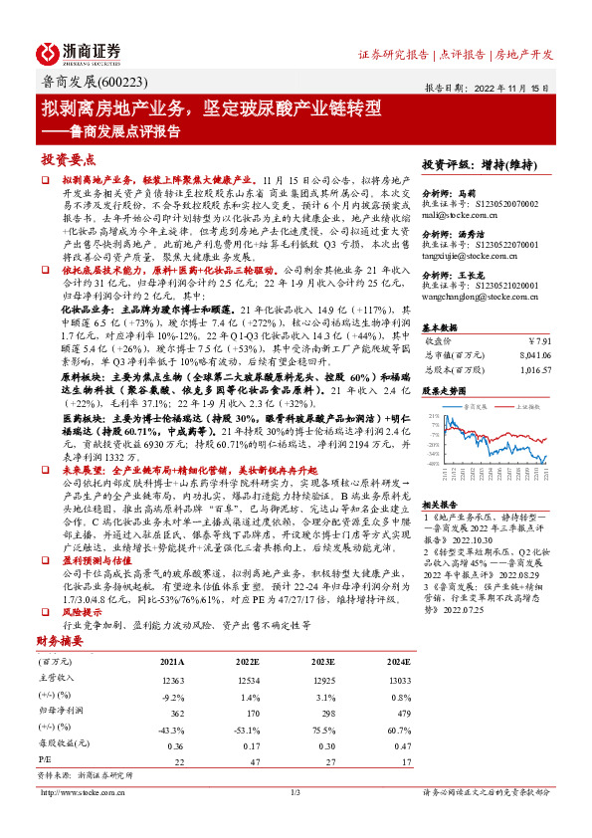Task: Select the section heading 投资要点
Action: [x=69, y=159]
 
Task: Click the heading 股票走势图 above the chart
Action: [x=445, y=391]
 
